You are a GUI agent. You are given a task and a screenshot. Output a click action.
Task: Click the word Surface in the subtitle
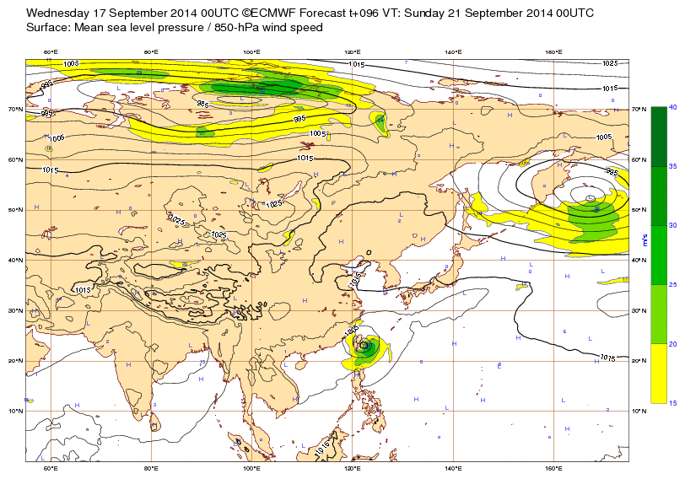48,28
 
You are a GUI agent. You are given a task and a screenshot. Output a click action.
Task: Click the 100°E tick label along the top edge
251,52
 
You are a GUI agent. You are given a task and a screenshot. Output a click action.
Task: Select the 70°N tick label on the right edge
638,110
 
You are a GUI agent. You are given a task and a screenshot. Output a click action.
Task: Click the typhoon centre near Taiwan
364,345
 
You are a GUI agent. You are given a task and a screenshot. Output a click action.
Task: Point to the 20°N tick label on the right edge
638,361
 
